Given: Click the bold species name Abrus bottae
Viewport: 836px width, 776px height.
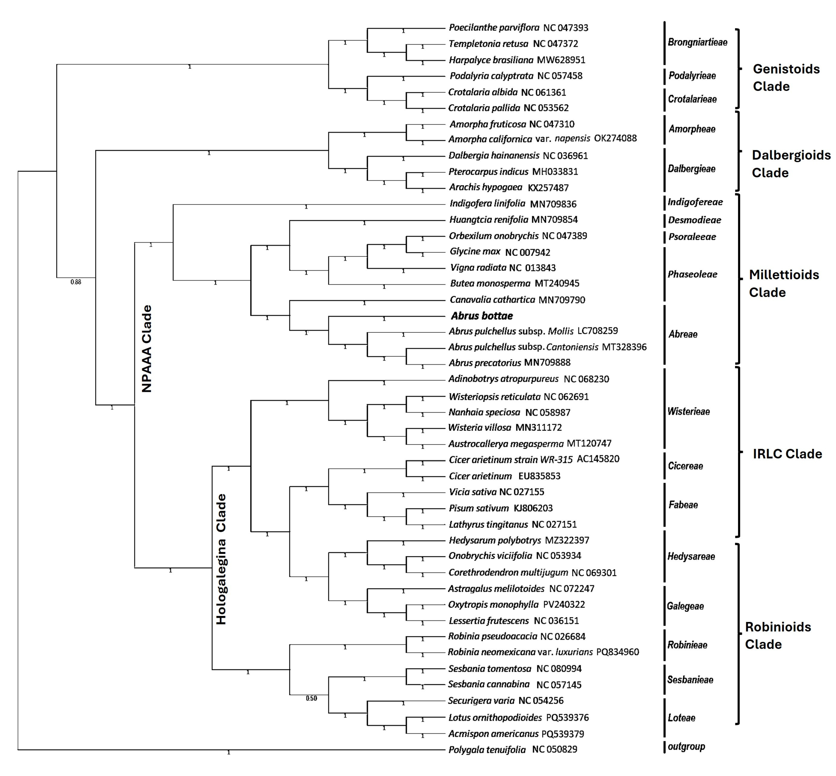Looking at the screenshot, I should (482, 316).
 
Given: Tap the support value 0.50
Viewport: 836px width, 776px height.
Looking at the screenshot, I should (311, 698).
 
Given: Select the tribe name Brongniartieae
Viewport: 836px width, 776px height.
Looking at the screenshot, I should (697, 42).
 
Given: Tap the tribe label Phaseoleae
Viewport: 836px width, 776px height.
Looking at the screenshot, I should (692, 274).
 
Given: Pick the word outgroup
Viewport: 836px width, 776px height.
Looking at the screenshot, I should (686, 746).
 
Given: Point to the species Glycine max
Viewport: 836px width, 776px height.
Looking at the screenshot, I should (475, 252).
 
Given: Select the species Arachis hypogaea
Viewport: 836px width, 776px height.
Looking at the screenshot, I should (485, 187).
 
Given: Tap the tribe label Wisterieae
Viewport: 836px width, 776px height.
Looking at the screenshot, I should (688, 412).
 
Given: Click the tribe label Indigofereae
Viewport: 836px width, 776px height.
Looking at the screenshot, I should (695, 202).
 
